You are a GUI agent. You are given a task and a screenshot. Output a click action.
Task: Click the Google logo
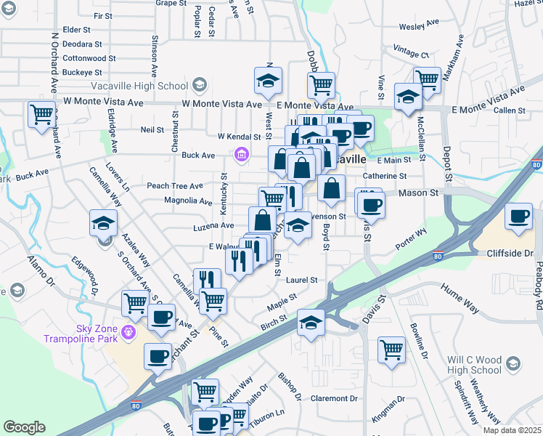(24, 427)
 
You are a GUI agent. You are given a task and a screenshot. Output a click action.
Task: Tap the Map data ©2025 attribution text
(512, 430)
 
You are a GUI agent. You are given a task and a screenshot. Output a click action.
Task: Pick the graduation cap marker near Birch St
(311, 321)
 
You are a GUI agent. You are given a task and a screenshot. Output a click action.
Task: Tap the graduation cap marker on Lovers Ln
(103, 222)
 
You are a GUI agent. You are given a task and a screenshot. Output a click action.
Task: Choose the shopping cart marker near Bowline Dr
(391, 350)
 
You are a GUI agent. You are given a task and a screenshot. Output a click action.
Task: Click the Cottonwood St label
(90, 58)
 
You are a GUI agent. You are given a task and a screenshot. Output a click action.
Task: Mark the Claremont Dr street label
(335, 399)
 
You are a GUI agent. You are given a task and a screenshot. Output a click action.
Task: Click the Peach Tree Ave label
(175, 186)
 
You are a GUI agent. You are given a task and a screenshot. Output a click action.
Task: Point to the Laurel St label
(302, 280)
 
